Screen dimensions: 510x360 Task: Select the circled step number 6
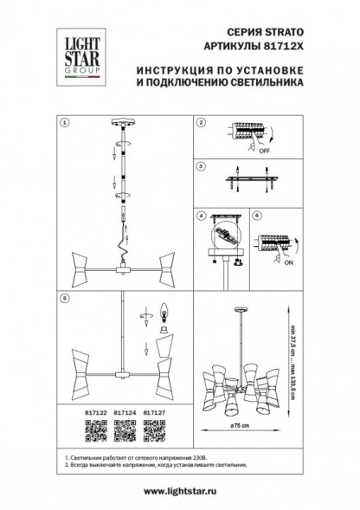pos(255,215)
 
